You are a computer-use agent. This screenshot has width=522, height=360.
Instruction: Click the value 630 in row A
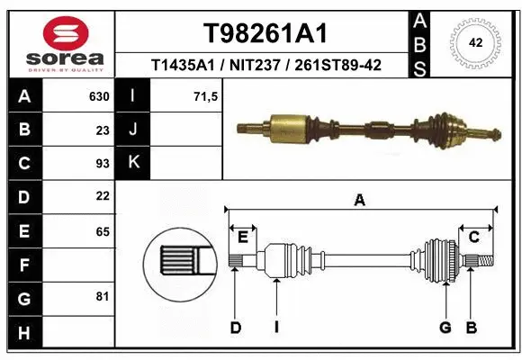click(x=98, y=96)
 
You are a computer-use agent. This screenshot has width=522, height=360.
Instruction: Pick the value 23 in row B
click(x=102, y=130)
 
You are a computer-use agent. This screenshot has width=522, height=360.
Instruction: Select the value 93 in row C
click(x=102, y=163)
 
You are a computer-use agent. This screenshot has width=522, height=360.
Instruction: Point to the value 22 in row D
click(x=102, y=196)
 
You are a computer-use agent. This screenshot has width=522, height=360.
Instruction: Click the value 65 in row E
click(x=102, y=230)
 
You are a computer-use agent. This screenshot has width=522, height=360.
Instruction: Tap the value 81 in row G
click(x=102, y=296)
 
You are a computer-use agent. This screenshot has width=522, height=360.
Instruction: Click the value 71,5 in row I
click(x=206, y=96)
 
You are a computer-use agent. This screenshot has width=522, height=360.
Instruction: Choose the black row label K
click(x=133, y=163)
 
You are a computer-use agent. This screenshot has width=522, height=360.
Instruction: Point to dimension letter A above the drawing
click(x=360, y=202)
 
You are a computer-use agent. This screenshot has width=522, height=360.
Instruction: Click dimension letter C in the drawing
click(x=473, y=237)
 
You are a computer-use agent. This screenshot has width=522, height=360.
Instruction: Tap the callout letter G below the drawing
click(x=445, y=328)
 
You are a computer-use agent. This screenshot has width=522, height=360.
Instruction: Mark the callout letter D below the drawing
click(x=236, y=328)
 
